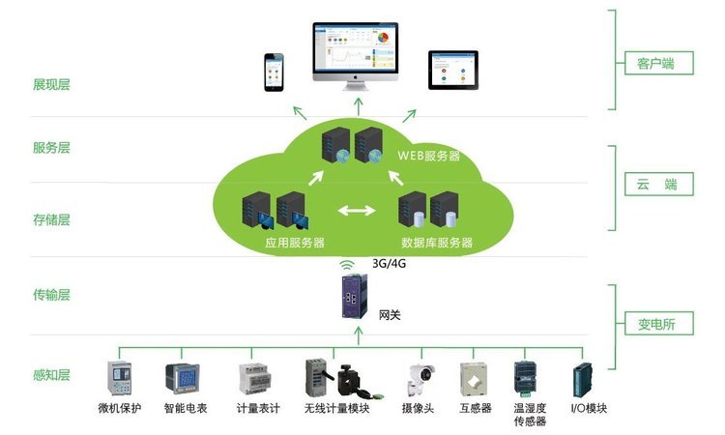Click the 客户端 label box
click(x=654, y=65)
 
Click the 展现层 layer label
click(x=51, y=84)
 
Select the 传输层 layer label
click(x=51, y=295)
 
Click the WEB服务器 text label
click(x=428, y=156)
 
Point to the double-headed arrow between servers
click(x=356, y=209)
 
